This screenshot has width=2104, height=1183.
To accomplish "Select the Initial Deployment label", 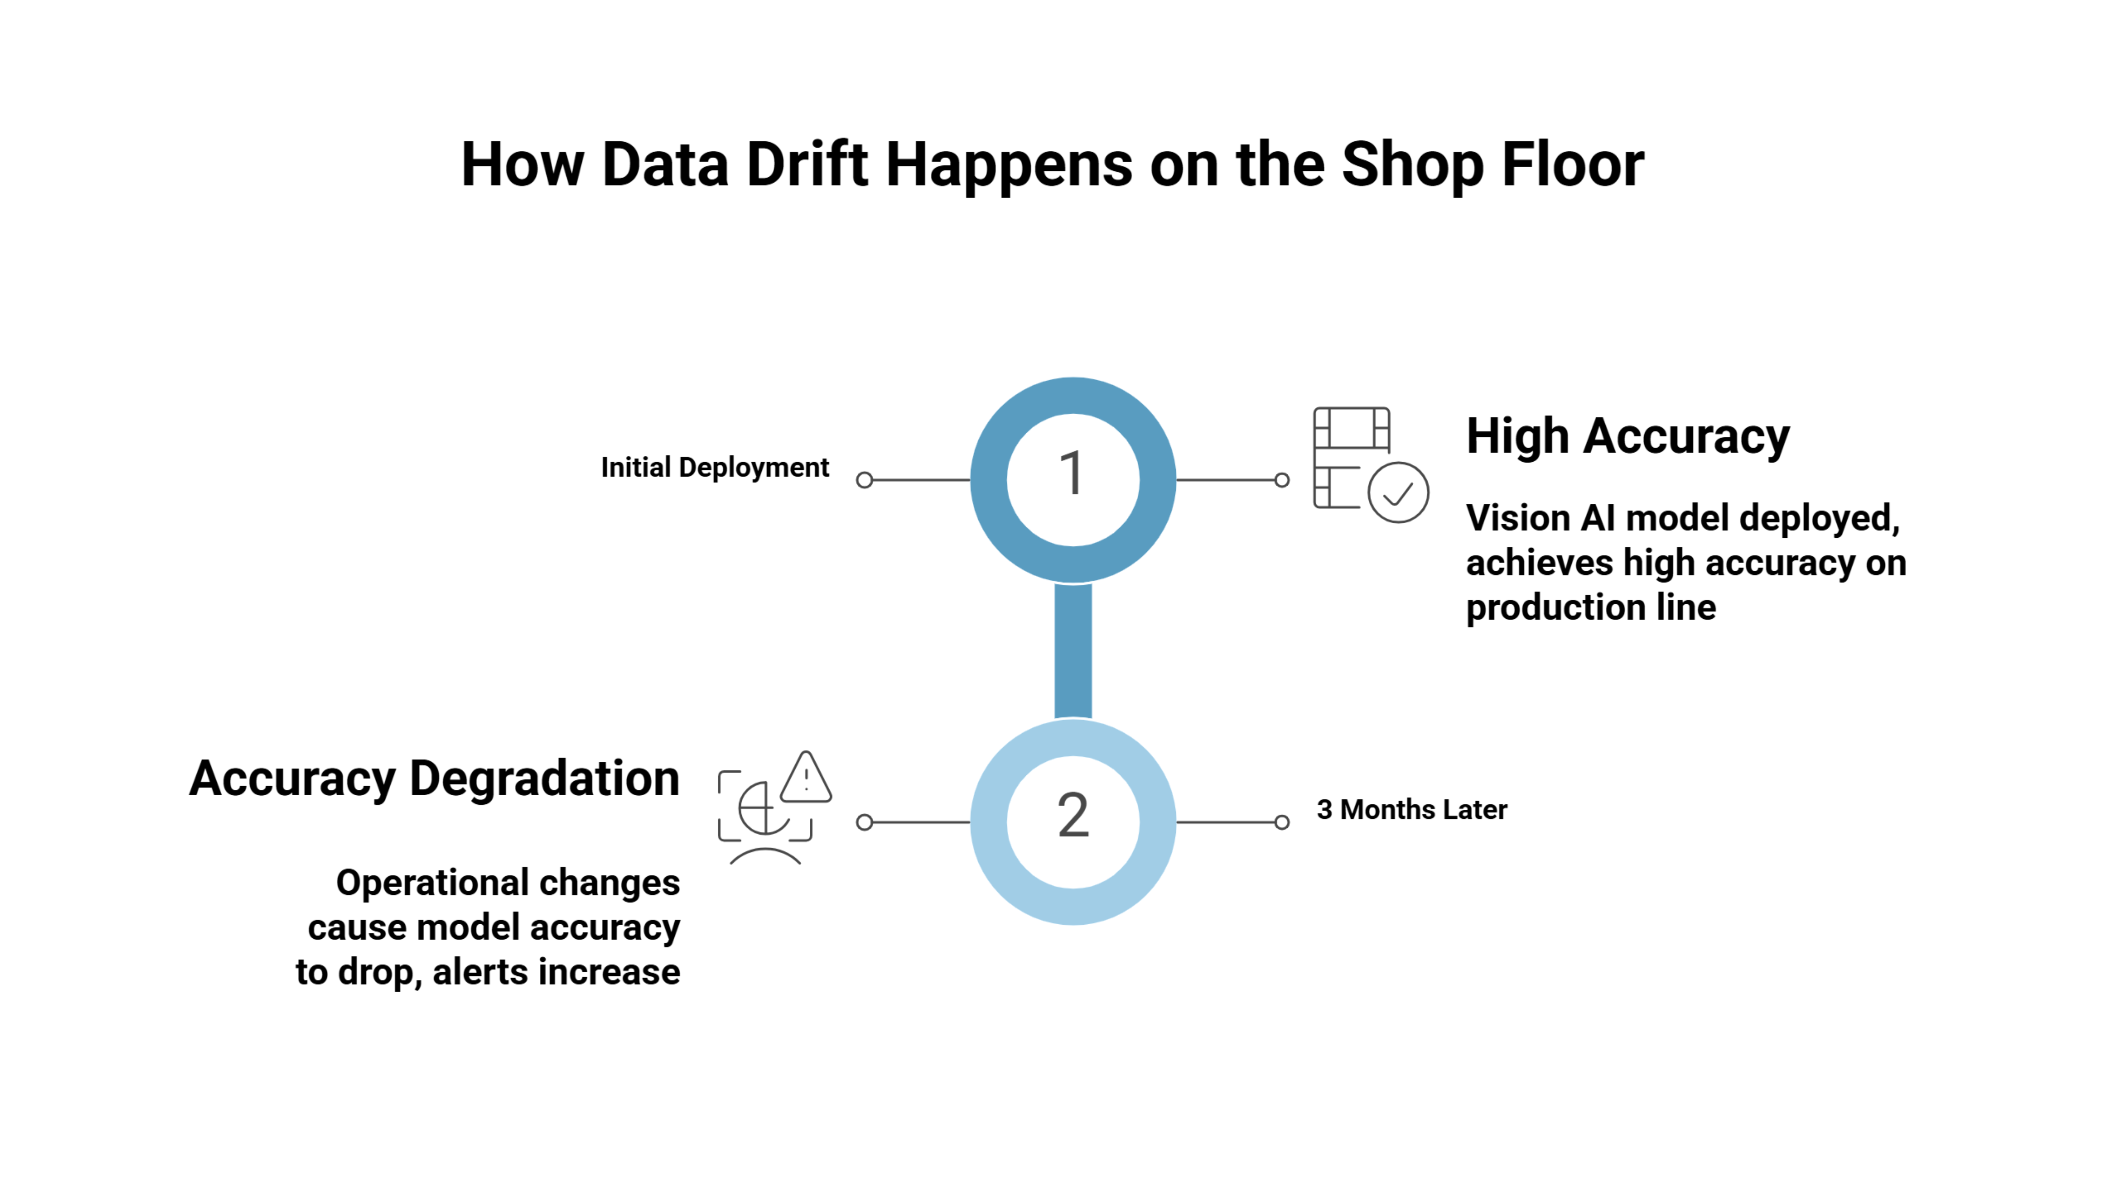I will [715, 468].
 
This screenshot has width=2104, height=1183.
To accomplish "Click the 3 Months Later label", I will [1411, 810].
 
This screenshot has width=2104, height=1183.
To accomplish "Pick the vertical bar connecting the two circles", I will [1072, 651].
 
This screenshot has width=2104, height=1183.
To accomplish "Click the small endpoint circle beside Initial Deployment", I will [864, 480].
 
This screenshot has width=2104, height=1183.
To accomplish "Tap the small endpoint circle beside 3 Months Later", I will [1282, 822].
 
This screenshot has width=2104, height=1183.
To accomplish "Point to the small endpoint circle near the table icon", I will [1282, 480].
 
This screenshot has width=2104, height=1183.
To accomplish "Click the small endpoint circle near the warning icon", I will [864, 822].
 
